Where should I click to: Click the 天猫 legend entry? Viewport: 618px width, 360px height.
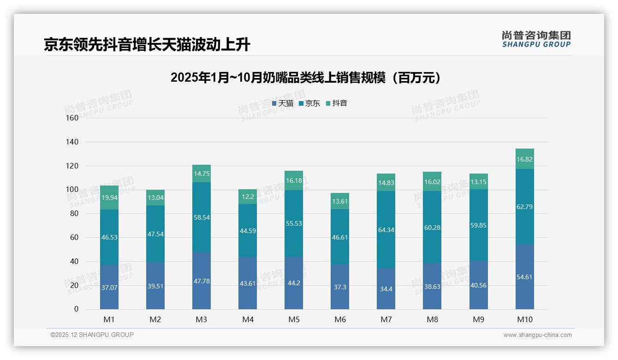click(x=282, y=103)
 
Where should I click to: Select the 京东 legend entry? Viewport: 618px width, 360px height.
click(x=309, y=103)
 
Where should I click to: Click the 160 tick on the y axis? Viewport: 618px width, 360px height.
click(x=73, y=118)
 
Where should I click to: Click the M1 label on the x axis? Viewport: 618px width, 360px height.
click(x=109, y=319)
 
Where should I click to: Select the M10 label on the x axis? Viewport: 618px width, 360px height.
click(x=524, y=319)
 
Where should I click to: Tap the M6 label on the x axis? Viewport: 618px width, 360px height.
click(x=340, y=319)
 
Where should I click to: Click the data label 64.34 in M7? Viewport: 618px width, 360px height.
click(x=386, y=230)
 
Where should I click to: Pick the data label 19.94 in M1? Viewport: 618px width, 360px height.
click(x=109, y=198)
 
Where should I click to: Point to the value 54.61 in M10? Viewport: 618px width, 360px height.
click(x=524, y=277)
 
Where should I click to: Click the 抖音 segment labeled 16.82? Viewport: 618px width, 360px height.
click(x=524, y=159)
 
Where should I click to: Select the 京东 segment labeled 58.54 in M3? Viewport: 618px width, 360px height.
click(x=202, y=217)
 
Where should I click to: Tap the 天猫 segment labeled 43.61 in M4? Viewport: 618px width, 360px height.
click(x=248, y=283)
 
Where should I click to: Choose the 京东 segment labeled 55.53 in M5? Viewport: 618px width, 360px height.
click(x=294, y=223)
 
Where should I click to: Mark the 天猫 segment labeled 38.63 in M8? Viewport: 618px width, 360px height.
click(x=432, y=286)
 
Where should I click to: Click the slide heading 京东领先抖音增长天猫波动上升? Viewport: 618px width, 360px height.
click(x=147, y=45)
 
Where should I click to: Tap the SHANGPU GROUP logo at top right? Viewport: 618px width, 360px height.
click(x=536, y=39)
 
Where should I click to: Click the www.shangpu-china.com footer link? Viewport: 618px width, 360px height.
click(x=537, y=335)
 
